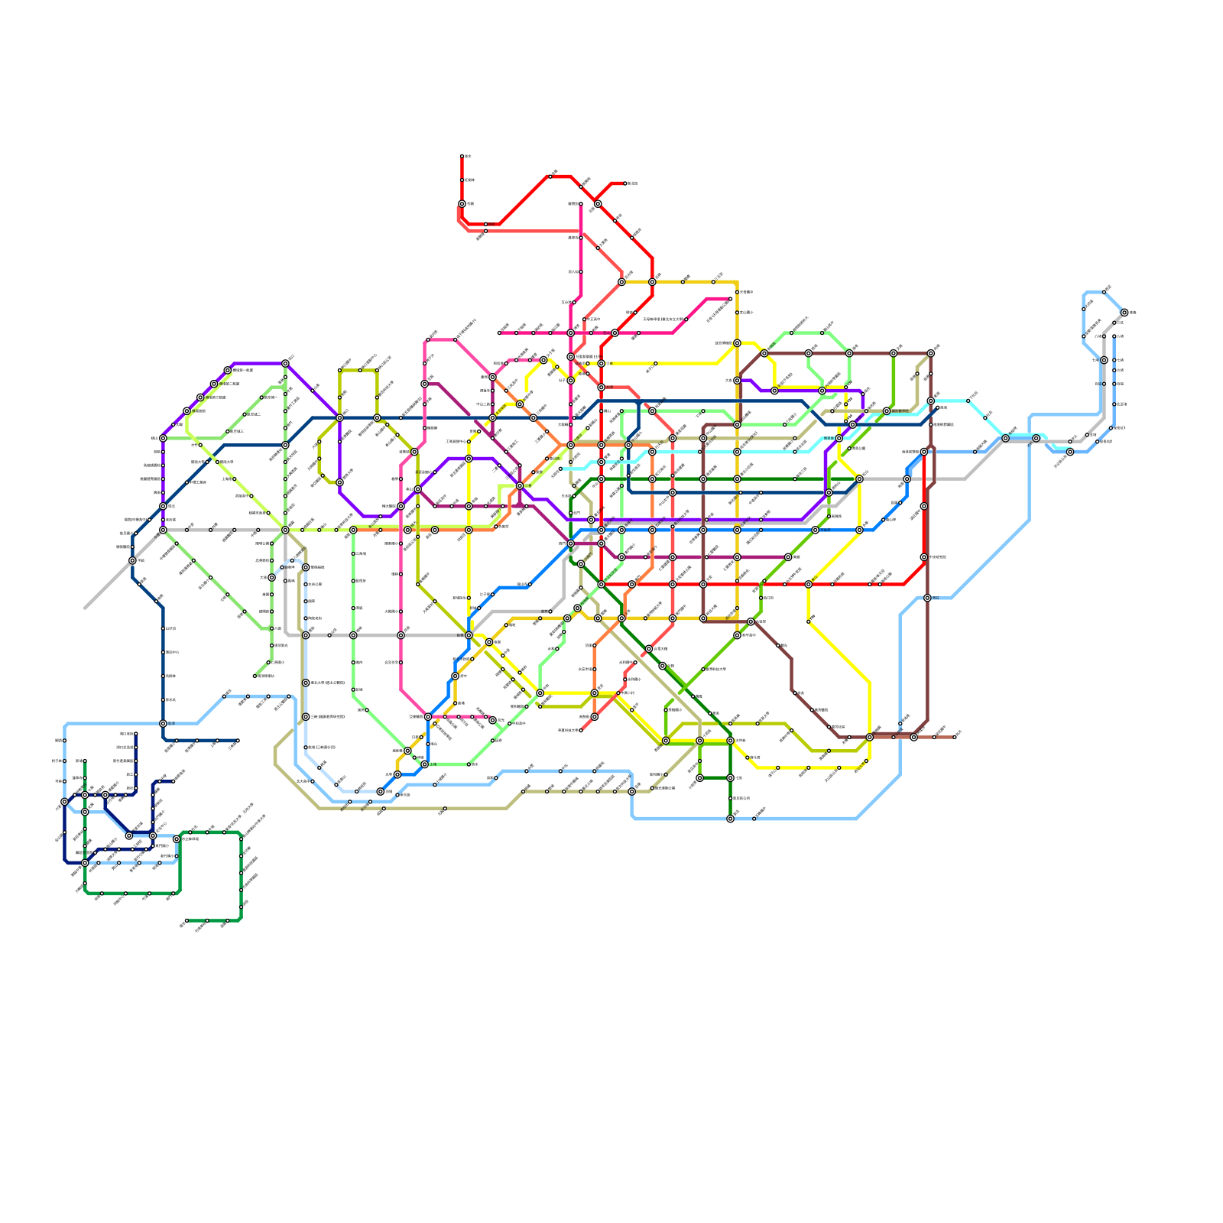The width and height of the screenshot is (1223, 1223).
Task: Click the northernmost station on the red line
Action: pos(462,157)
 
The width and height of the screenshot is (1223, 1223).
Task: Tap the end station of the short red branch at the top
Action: pos(625,183)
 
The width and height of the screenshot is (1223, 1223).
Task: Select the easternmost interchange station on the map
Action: pos(1124,313)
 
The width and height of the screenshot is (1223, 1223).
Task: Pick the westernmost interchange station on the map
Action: pos(64,802)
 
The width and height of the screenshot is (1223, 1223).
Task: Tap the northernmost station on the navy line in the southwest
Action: pos(136,734)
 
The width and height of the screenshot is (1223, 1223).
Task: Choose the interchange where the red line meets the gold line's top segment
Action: pos(652,282)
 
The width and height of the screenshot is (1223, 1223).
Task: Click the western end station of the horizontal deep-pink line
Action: pos(500,333)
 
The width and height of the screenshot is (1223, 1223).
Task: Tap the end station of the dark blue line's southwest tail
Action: pos(238,741)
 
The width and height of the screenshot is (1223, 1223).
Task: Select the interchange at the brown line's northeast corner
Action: pos(930,354)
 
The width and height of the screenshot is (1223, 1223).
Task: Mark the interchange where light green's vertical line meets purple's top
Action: pos(285,364)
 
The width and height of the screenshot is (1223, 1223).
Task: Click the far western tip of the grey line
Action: pos(85,608)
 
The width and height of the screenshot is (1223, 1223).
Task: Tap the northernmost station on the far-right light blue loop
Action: pos(1105,292)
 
